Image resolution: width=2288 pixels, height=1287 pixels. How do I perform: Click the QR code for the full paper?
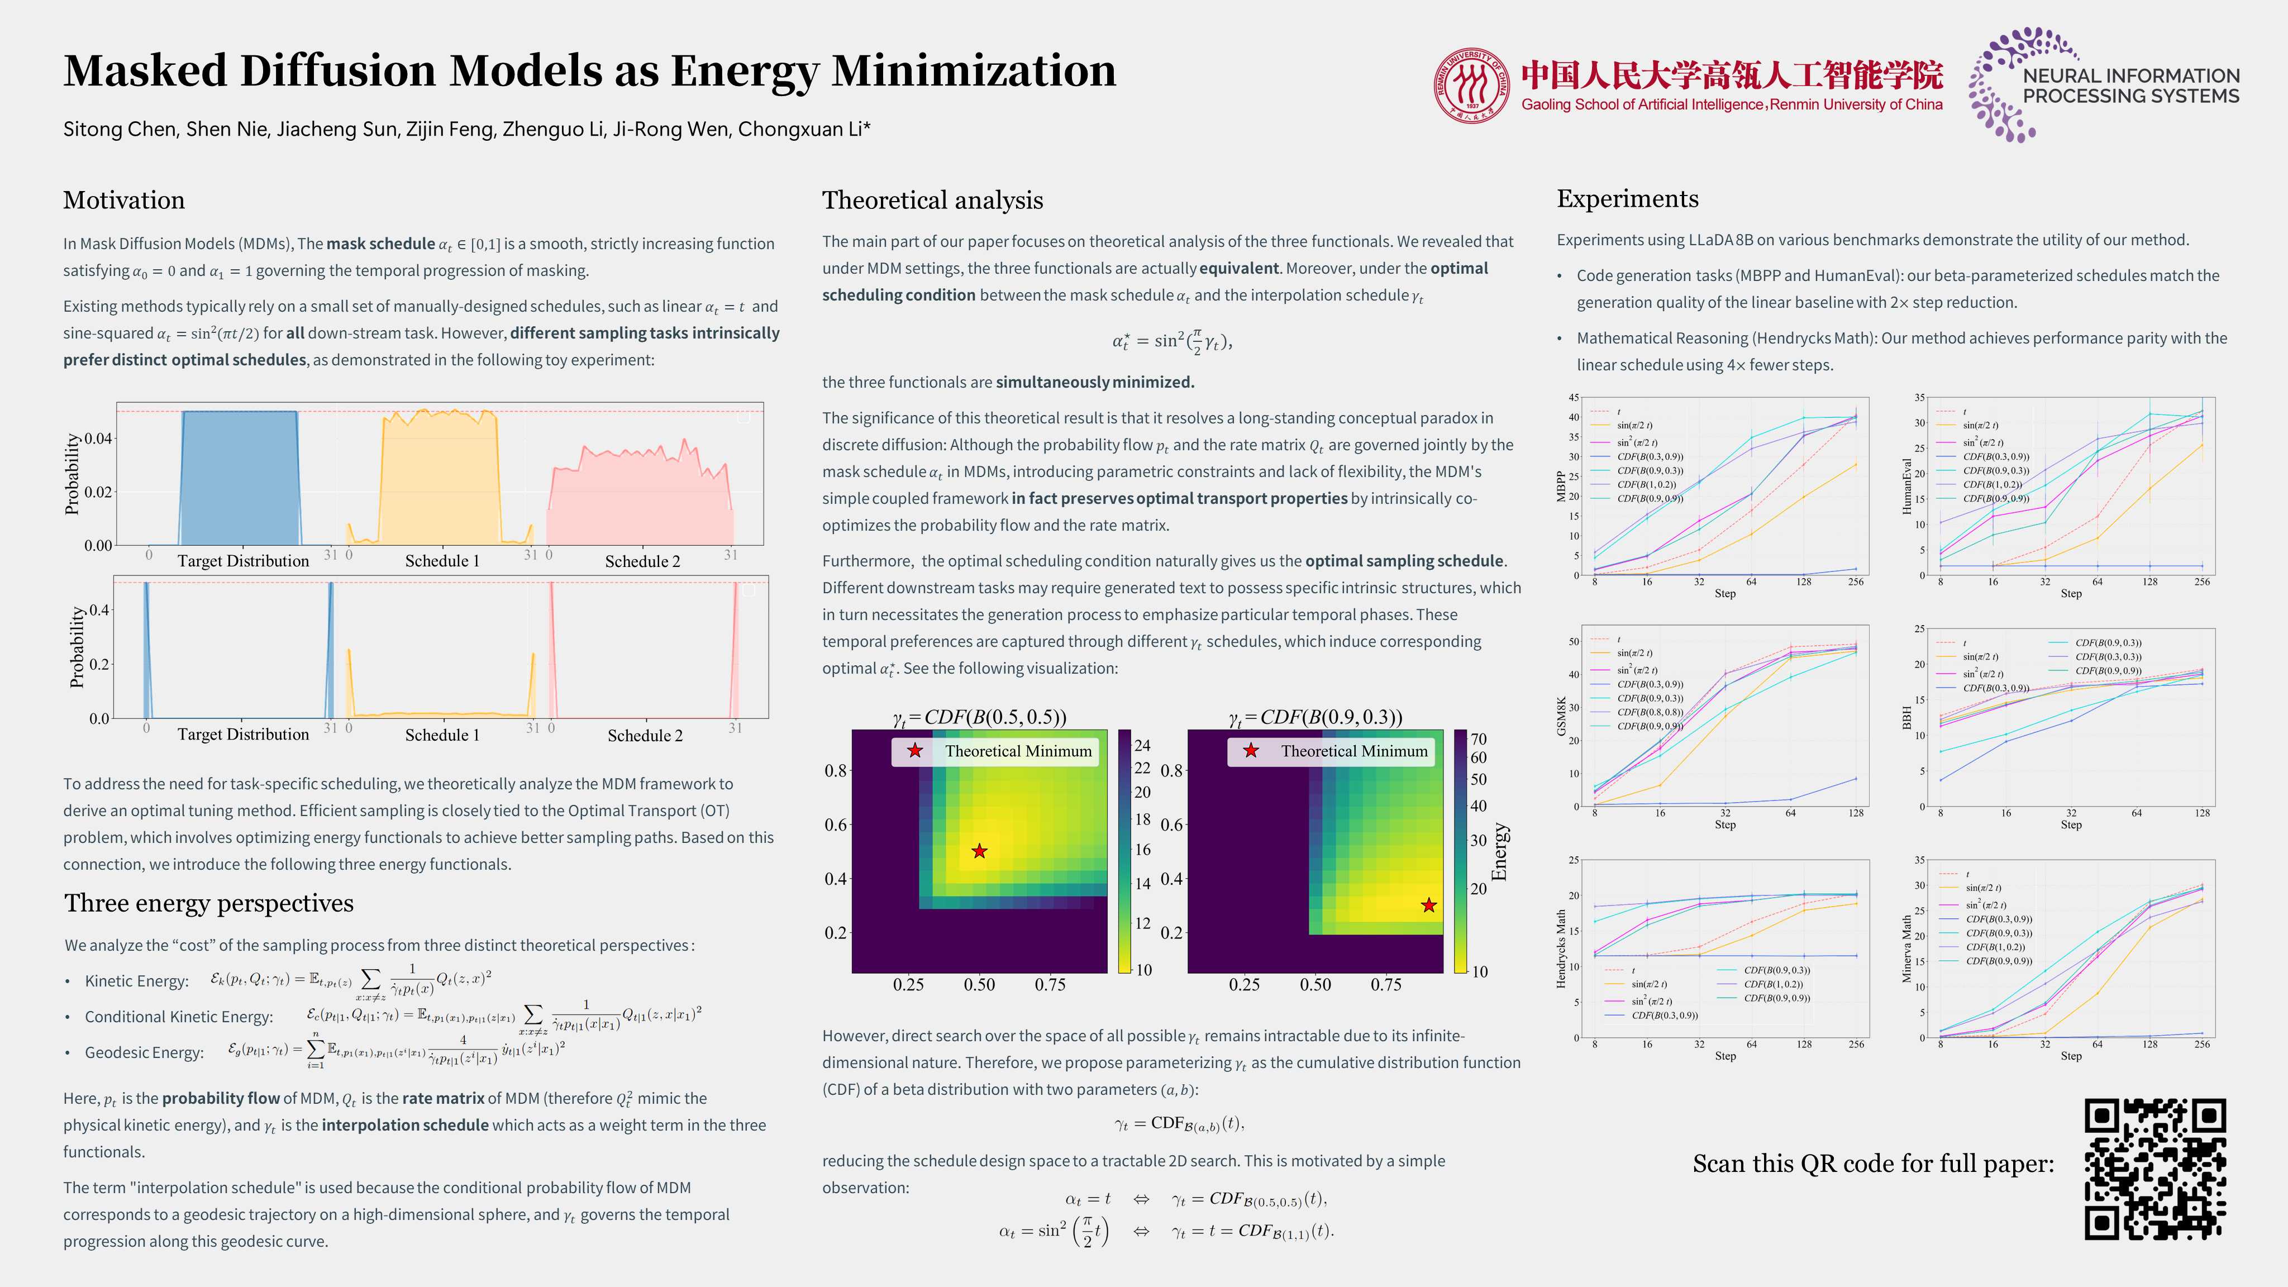pos(2154,1168)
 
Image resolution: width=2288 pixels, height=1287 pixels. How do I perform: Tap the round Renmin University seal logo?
pos(1471,85)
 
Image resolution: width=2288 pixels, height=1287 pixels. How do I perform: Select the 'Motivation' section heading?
pos(123,200)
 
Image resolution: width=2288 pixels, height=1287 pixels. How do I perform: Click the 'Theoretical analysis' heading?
pos(933,200)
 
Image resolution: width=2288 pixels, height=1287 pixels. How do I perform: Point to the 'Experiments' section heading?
pos(1627,198)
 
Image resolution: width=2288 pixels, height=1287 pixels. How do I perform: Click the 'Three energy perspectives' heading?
pos(209,903)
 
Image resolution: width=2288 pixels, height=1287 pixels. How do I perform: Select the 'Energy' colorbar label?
pos(1499,851)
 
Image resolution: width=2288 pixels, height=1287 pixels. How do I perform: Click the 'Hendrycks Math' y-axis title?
pos(1561,948)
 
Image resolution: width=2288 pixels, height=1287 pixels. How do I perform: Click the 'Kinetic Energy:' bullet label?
pos(137,980)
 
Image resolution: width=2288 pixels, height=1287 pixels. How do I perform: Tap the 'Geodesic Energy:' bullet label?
pos(144,1052)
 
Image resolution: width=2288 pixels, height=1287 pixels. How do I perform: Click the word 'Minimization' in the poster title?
pos(974,70)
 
